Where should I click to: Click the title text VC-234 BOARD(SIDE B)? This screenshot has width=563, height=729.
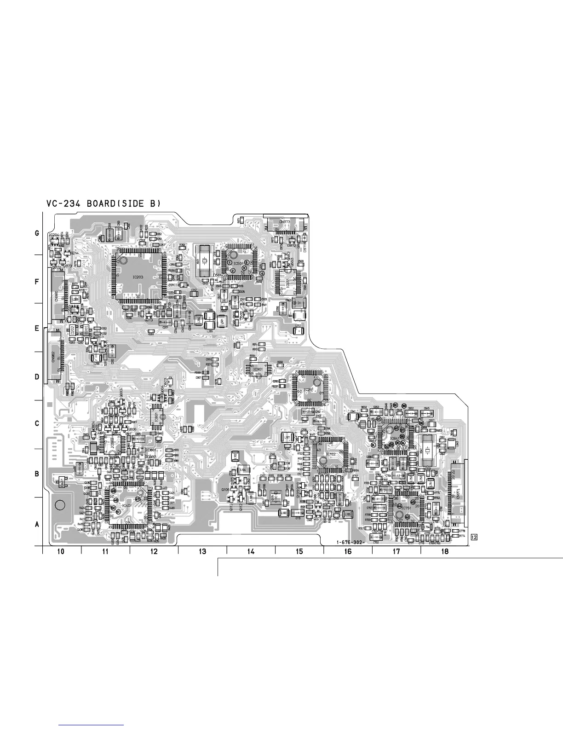click(x=103, y=203)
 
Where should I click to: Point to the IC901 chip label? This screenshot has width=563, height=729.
click(x=257, y=369)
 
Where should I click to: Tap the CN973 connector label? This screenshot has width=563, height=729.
click(x=285, y=222)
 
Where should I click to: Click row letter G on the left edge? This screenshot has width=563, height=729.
click(x=37, y=234)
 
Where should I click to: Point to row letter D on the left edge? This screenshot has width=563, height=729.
click(x=37, y=377)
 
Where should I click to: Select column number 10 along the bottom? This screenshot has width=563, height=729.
click(x=61, y=552)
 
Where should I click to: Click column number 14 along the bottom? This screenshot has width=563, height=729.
click(x=251, y=552)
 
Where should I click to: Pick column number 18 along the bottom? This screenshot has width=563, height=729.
click(x=444, y=552)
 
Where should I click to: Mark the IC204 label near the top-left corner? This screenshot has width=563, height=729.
click(x=53, y=235)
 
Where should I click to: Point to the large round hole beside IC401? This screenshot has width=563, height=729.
click(x=59, y=505)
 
